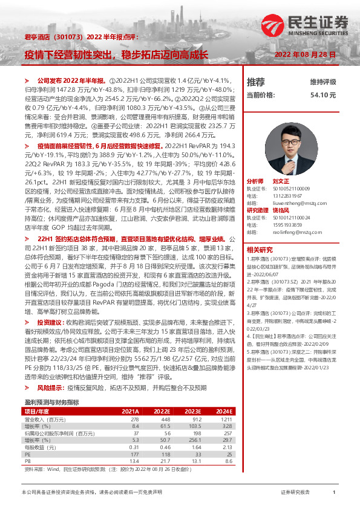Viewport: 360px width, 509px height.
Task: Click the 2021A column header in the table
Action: point(130,411)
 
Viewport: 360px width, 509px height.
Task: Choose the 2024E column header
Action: point(223,411)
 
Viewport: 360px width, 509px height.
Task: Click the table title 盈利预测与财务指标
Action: point(51,401)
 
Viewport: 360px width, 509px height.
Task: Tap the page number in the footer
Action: point(333,493)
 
